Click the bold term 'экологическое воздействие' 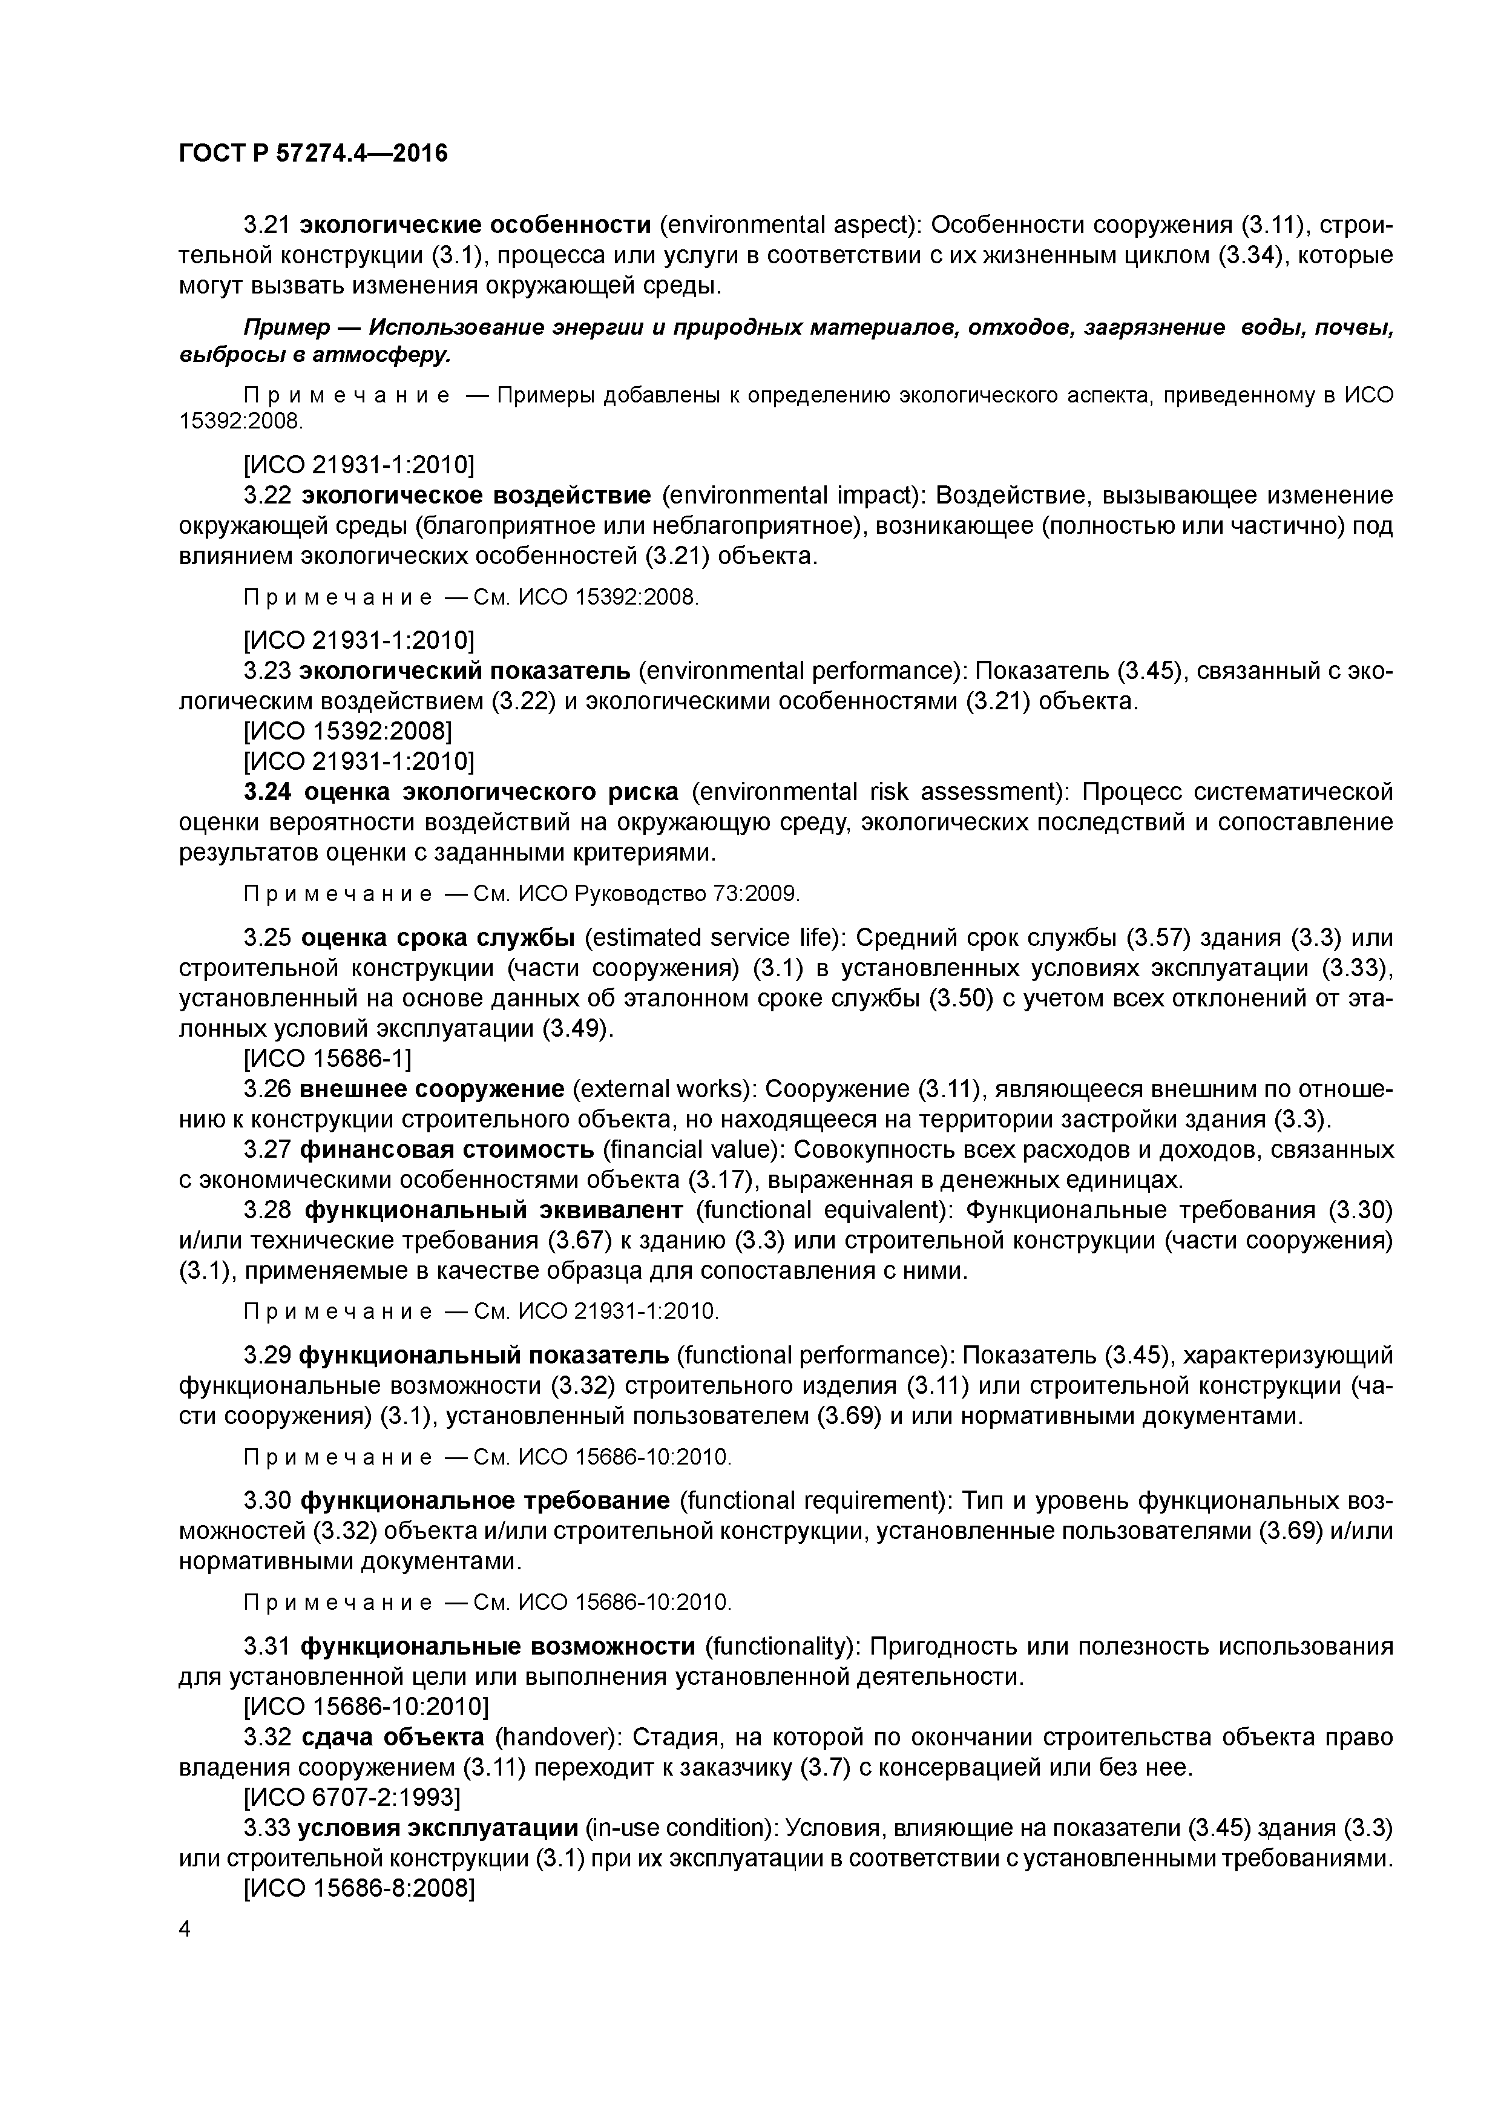(x=477, y=496)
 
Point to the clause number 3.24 (x=269, y=792)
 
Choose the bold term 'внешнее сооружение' (x=432, y=1089)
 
